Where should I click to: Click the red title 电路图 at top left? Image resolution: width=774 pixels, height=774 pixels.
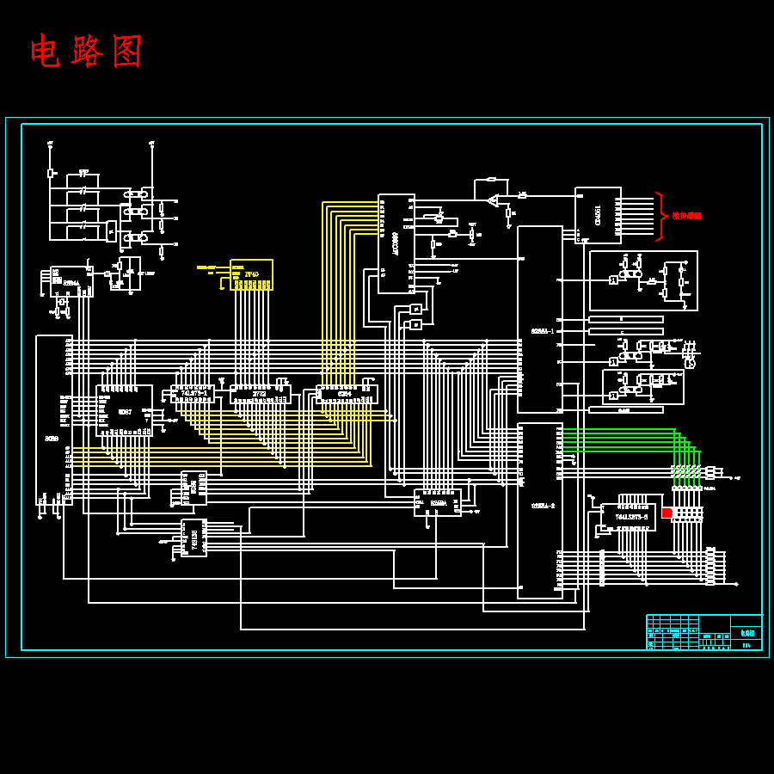86,52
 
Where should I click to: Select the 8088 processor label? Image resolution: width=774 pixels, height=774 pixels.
52,439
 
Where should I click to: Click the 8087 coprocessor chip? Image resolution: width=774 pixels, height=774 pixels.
125,411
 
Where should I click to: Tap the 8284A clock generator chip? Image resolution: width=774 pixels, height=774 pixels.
71,282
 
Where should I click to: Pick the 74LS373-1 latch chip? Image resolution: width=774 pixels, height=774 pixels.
193,394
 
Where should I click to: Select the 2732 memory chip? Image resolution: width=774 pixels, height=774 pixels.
260,394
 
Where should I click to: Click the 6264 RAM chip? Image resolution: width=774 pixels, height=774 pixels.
346,394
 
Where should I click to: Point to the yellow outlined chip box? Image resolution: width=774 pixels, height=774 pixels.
251,274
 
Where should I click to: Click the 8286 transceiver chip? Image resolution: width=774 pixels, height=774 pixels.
193,487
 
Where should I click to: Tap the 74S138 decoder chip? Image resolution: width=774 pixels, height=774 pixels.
194,537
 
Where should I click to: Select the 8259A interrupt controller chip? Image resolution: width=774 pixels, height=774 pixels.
438,502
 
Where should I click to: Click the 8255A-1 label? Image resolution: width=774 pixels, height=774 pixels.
543,331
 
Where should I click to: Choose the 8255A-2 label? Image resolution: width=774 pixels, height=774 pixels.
543,506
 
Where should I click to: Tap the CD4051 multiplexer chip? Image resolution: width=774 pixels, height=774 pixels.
598,215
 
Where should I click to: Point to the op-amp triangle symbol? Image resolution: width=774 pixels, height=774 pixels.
493,201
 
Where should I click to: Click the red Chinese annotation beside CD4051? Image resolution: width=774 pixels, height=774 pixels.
686,216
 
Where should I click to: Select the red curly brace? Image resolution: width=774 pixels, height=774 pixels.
660,216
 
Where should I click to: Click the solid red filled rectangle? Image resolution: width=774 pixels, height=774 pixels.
666,513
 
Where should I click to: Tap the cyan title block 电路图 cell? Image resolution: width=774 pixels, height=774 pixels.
746,632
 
